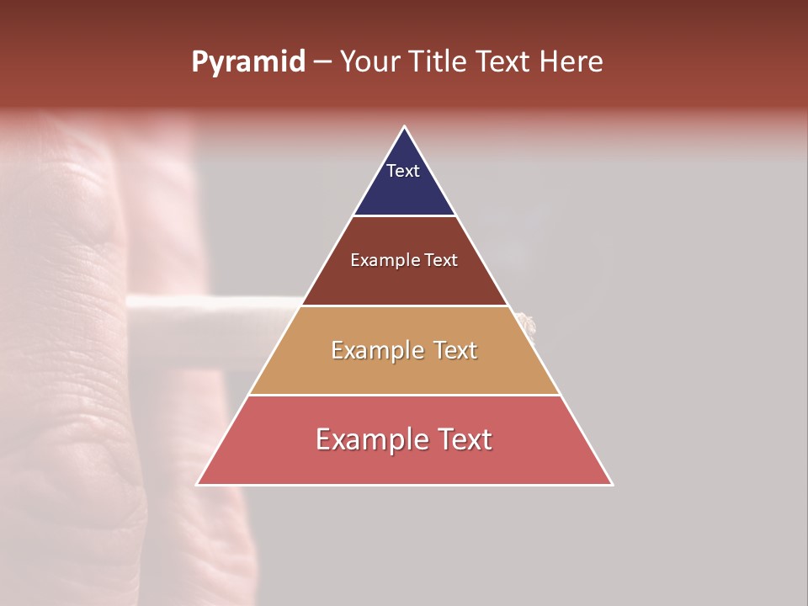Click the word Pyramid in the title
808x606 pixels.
pos(247,62)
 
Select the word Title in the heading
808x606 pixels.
pos(439,62)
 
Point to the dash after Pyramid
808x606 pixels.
pos(322,63)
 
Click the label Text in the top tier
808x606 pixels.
pos(403,171)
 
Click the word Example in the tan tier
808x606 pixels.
pos(375,350)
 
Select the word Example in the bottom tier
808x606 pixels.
pos(372,439)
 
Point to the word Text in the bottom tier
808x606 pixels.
pos(462,439)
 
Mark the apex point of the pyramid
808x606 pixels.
pos(404,128)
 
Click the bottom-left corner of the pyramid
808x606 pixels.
pos(198,484)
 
